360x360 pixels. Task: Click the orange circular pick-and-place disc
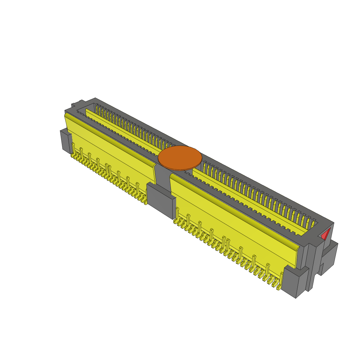point(180,158)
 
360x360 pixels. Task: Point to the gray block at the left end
point(65,140)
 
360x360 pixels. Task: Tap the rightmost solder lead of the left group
point(145,202)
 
